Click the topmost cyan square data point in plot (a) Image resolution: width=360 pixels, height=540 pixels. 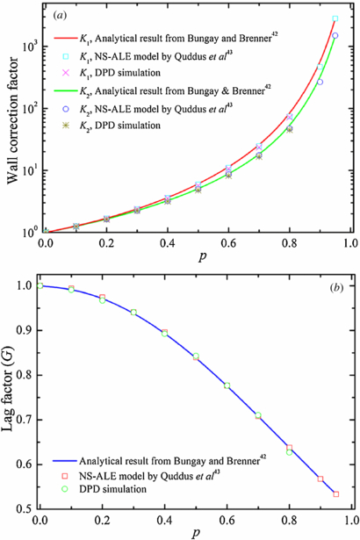pos(335,18)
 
